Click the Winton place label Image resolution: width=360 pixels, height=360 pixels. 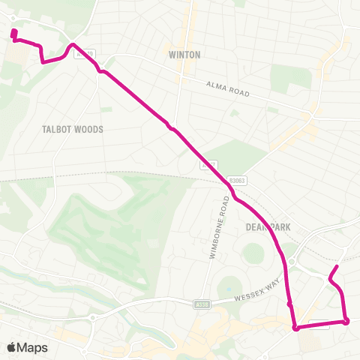[x=183, y=54]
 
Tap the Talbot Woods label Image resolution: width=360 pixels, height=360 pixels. [x=73, y=129]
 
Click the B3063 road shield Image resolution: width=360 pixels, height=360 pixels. [x=238, y=181]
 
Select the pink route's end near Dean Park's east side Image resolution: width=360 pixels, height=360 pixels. [x=337, y=267]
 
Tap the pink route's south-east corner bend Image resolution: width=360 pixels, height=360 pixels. [x=346, y=322]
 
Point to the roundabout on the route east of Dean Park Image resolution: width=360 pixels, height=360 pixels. [x=291, y=263]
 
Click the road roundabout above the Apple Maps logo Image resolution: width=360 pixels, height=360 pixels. [x=92, y=317]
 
